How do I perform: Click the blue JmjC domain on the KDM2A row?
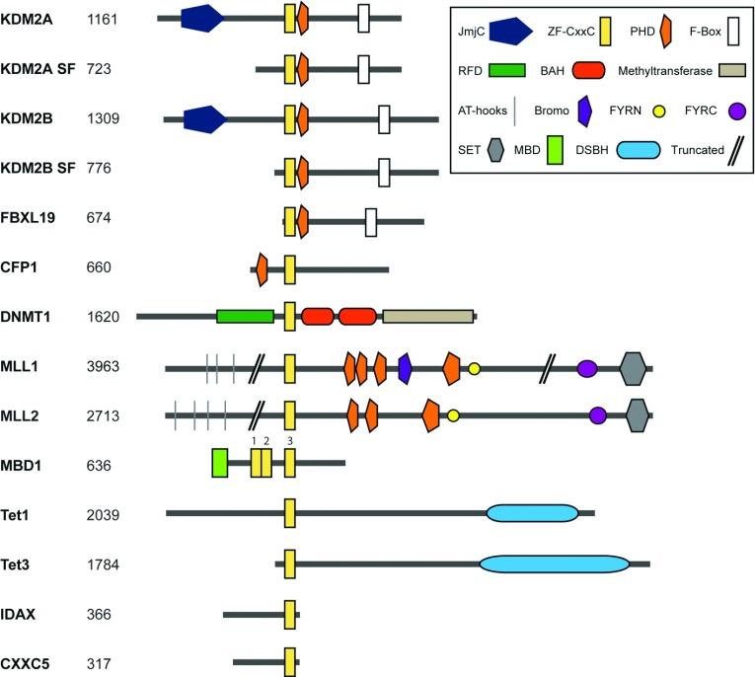click(201, 18)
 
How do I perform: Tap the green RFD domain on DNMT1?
click(245, 316)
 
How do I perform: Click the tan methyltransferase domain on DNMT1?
click(427, 316)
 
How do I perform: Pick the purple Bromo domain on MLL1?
click(405, 368)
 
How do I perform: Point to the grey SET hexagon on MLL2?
click(638, 415)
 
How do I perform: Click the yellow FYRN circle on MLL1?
click(475, 368)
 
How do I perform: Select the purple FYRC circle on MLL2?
click(597, 415)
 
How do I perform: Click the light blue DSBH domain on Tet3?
click(554, 564)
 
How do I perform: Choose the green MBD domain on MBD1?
click(220, 463)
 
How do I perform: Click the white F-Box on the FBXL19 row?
click(371, 222)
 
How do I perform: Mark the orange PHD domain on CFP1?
click(262, 268)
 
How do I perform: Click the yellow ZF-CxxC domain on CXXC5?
click(290, 662)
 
